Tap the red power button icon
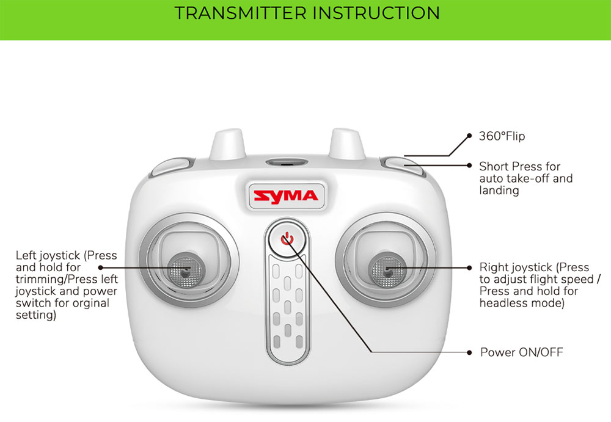pos(287,239)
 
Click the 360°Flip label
pos(502,136)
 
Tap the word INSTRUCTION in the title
pos(376,13)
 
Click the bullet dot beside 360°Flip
pos(469,136)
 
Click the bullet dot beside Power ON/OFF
pos(469,352)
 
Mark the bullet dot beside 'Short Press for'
pos(469,165)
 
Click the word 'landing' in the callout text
pos(499,191)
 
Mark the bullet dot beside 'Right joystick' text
pos(469,267)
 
